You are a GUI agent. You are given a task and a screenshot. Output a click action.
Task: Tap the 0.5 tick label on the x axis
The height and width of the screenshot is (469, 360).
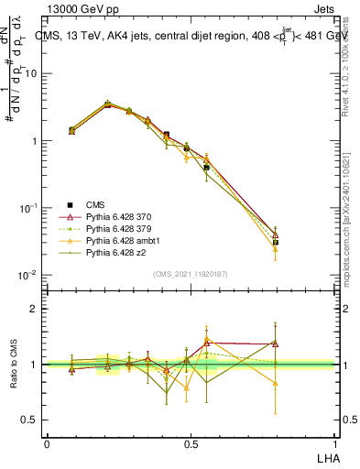coord(190,442)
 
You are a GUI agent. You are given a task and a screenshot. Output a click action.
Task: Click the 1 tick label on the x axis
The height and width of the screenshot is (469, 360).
coord(334,442)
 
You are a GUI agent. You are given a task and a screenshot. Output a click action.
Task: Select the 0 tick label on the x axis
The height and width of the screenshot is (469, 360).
coord(47,442)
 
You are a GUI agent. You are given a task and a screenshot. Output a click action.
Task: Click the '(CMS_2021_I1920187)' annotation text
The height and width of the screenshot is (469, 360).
coord(190,273)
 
